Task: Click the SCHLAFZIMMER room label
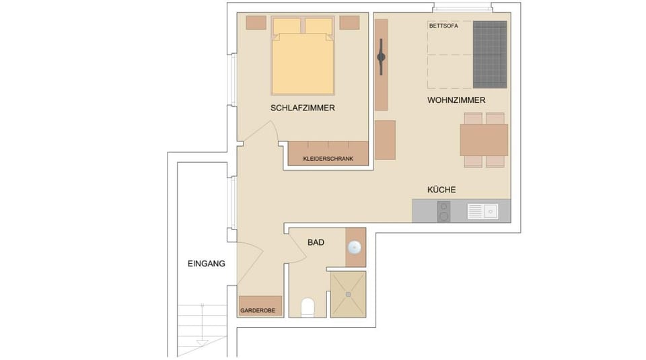[303, 108]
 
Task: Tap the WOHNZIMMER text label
[456, 100]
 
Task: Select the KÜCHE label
[441, 190]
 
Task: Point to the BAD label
[316, 242]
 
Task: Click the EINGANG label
[206, 264]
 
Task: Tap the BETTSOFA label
[443, 26]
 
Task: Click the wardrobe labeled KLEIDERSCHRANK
[329, 154]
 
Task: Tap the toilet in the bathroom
[308, 308]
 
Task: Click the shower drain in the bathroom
[349, 293]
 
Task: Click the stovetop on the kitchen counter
[443, 213]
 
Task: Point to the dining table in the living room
[483, 140]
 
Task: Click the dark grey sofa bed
[489, 55]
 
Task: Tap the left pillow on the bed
[287, 26]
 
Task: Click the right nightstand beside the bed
[349, 22]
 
